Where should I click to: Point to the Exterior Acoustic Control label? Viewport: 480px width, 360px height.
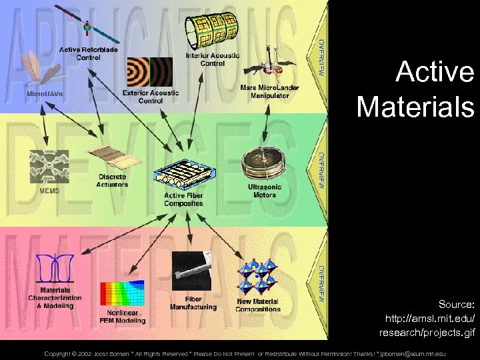(x=151, y=97)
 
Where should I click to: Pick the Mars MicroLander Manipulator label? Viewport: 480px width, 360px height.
(x=269, y=91)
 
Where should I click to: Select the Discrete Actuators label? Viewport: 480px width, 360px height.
(x=113, y=181)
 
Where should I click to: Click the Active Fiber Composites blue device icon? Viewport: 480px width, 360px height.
(x=183, y=175)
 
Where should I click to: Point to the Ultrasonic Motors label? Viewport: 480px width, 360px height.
(x=265, y=191)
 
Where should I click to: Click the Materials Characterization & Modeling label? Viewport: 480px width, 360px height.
(x=55, y=297)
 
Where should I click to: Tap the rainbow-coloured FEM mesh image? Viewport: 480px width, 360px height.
(x=121, y=294)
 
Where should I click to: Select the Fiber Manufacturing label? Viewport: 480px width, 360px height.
(x=193, y=303)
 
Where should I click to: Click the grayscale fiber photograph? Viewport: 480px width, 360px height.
(x=192, y=272)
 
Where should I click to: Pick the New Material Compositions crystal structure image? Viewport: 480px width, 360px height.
(x=259, y=276)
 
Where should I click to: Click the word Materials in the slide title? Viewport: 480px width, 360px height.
(x=415, y=106)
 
